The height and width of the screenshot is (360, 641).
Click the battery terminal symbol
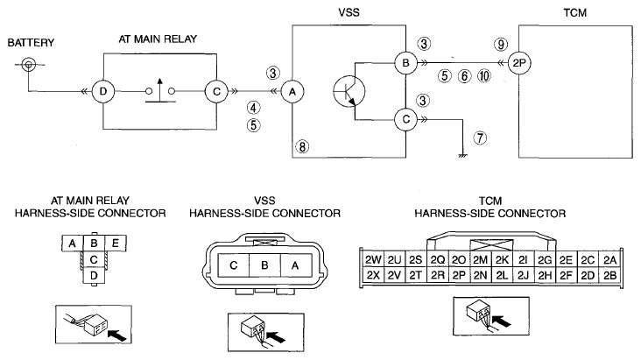(x=29, y=64)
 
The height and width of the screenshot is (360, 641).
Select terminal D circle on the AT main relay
(x=103, y=91)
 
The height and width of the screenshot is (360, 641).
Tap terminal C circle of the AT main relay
(x=216, y=92)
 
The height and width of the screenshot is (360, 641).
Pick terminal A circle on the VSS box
(x=292, y=92)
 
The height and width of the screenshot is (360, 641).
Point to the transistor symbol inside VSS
(x=349, y=92)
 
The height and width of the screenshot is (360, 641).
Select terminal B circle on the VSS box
(x=405, y=63)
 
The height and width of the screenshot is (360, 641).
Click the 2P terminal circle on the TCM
(x=519, y=63)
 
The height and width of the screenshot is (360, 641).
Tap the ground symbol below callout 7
(x=462, y=155)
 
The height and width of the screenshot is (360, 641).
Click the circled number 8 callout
(x=302, y=146)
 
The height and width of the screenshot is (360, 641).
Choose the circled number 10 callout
(x=484, y=75)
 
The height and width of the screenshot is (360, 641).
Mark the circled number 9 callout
(x=501, y=44)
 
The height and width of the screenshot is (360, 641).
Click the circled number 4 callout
(x=253, y=108)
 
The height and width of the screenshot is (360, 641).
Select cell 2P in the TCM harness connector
(x=459, y=275)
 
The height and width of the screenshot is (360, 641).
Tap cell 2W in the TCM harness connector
(x=373, y=260)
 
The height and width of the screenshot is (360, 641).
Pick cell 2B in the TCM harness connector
(x=609, y=275)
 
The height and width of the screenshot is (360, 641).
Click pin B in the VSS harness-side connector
(x=264, y=265)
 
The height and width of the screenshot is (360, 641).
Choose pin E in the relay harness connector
(x=116, y=244)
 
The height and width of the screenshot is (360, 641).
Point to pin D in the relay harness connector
(x=94, y=275)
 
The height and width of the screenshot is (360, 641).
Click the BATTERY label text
(x=31, y=43)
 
